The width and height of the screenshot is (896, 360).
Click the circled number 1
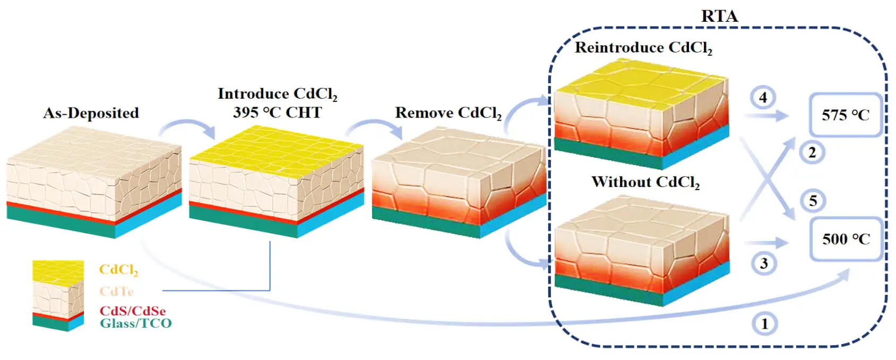[764, 323]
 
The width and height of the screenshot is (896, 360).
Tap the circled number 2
[812, 152]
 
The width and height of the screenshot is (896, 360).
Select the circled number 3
[764, 263]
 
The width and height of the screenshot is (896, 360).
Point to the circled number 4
[763, 98]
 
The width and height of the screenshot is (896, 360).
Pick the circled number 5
[813, 201]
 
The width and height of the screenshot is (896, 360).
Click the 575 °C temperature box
[845, 115]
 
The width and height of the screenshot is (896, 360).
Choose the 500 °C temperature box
[846, 239]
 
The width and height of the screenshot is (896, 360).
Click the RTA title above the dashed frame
[719, 16]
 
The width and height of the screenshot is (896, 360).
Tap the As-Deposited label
[91, 113]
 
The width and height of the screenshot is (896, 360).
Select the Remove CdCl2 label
[448, 113]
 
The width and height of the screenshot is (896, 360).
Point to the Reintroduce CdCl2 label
[643, 48]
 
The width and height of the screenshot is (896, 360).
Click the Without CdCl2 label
[645, 182]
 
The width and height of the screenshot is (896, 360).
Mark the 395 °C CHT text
[277, 113]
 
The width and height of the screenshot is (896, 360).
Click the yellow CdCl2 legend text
[118, 270]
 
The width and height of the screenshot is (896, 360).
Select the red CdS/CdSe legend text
[133, 311]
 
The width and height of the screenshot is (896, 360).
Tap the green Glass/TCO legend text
[136, 323]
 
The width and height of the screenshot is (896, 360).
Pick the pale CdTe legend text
[116, 291]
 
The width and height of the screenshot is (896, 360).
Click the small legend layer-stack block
[58, 295]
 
